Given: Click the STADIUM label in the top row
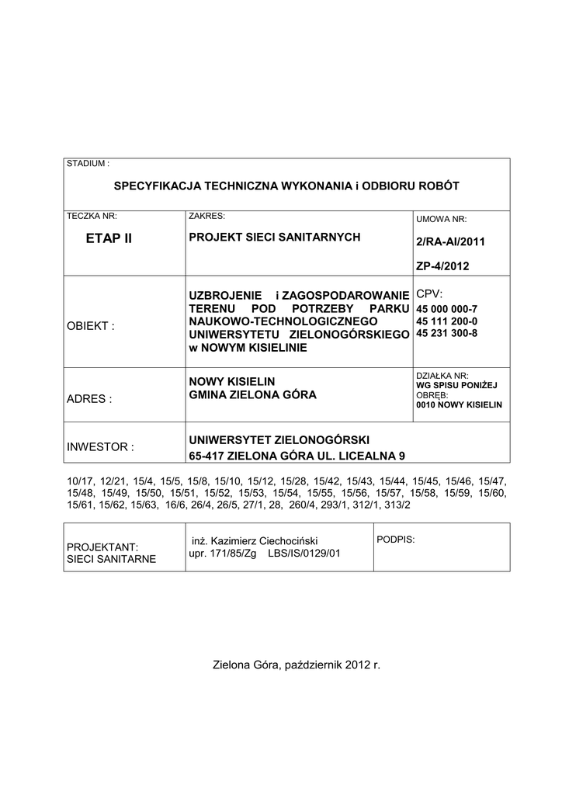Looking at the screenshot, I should [x=88, y=164].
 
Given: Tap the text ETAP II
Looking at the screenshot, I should [x=109, y=238].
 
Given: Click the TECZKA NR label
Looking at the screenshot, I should [x=92, y=216].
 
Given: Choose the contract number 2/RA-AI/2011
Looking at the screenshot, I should [x=449, y=242].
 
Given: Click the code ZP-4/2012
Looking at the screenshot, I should [x=443, y=266].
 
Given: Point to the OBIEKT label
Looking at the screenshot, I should [x=91, y=325].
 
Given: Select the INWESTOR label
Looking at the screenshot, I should [x=100, y=447].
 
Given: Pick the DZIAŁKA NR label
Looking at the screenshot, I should [x=442, y=375].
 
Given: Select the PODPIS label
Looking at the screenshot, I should [x=395, y=538].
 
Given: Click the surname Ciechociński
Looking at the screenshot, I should [x=292, y=540].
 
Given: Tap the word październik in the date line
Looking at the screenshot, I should [x=314, y=665].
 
